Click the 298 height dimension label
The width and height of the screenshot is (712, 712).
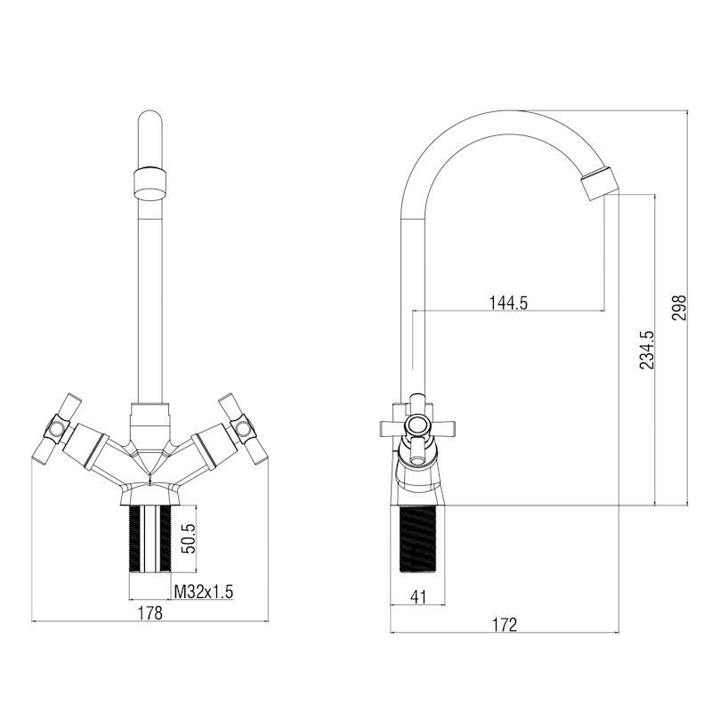pos(679,307)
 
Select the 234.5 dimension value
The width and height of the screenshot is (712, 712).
pos(647,350)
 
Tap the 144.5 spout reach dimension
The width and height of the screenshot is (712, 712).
pos(508,303)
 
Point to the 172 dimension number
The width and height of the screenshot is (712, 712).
pos(505,626)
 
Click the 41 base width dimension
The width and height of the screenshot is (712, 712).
pos(417,597)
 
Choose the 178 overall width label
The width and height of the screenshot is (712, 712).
pos(150,613)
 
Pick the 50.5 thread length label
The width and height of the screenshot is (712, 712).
pos(190,538)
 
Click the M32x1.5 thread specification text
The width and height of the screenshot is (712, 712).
pos(204,591)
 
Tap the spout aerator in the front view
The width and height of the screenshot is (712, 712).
pos(150,183)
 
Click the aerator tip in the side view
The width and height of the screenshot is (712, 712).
pos(599,183)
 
